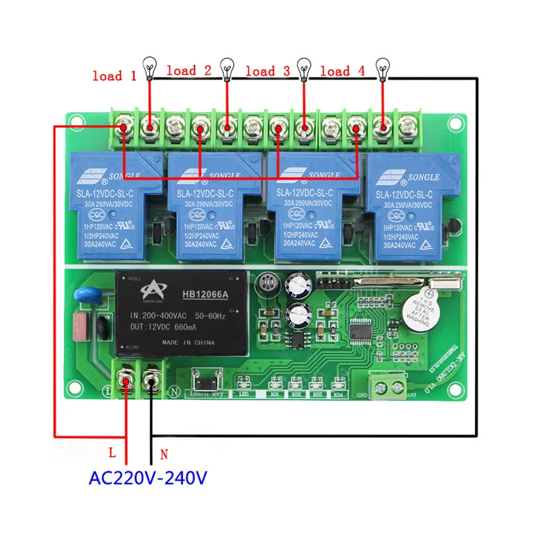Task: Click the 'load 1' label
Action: tap(114, 75)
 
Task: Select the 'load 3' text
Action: tap(267, 71)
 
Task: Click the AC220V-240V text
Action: tap(148, 478)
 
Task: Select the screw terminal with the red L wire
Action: tap(126, 380)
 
